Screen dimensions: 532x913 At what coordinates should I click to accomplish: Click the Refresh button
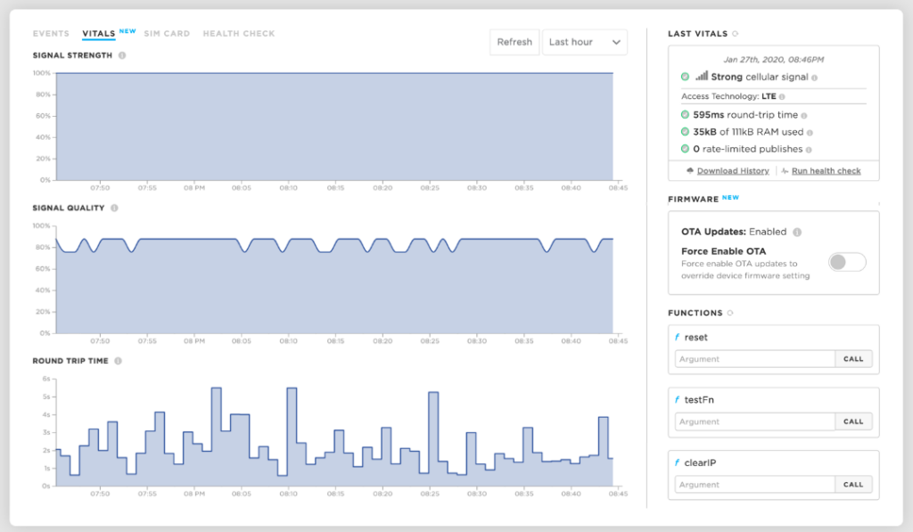pos(514,42)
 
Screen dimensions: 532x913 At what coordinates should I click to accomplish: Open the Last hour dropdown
pos(584,42)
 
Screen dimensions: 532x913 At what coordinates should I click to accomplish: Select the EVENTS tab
pos(51,34)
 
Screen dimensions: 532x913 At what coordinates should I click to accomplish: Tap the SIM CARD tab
pos(167,34)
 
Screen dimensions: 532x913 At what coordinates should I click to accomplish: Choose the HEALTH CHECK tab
pos(239,34)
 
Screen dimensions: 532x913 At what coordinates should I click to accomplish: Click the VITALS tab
pos(98,34)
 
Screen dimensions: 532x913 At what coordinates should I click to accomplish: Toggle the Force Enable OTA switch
pos(846,262)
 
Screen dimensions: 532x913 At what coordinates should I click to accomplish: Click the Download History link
pos(733,171)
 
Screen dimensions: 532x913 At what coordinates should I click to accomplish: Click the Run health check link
pos(826,171)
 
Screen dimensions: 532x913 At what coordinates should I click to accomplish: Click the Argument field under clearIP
pos(754,485)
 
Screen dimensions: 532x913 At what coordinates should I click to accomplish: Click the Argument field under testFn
pos(754,422)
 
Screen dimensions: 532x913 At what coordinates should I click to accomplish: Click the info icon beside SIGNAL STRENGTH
pos(122,55)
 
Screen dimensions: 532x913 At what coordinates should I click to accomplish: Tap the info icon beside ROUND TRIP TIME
pos(118,361)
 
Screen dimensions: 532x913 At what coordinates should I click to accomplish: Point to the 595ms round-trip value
pos(709,115)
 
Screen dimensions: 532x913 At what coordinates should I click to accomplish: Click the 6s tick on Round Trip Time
pos(46,379)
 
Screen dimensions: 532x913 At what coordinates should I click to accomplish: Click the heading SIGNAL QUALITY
pos(69,209)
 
